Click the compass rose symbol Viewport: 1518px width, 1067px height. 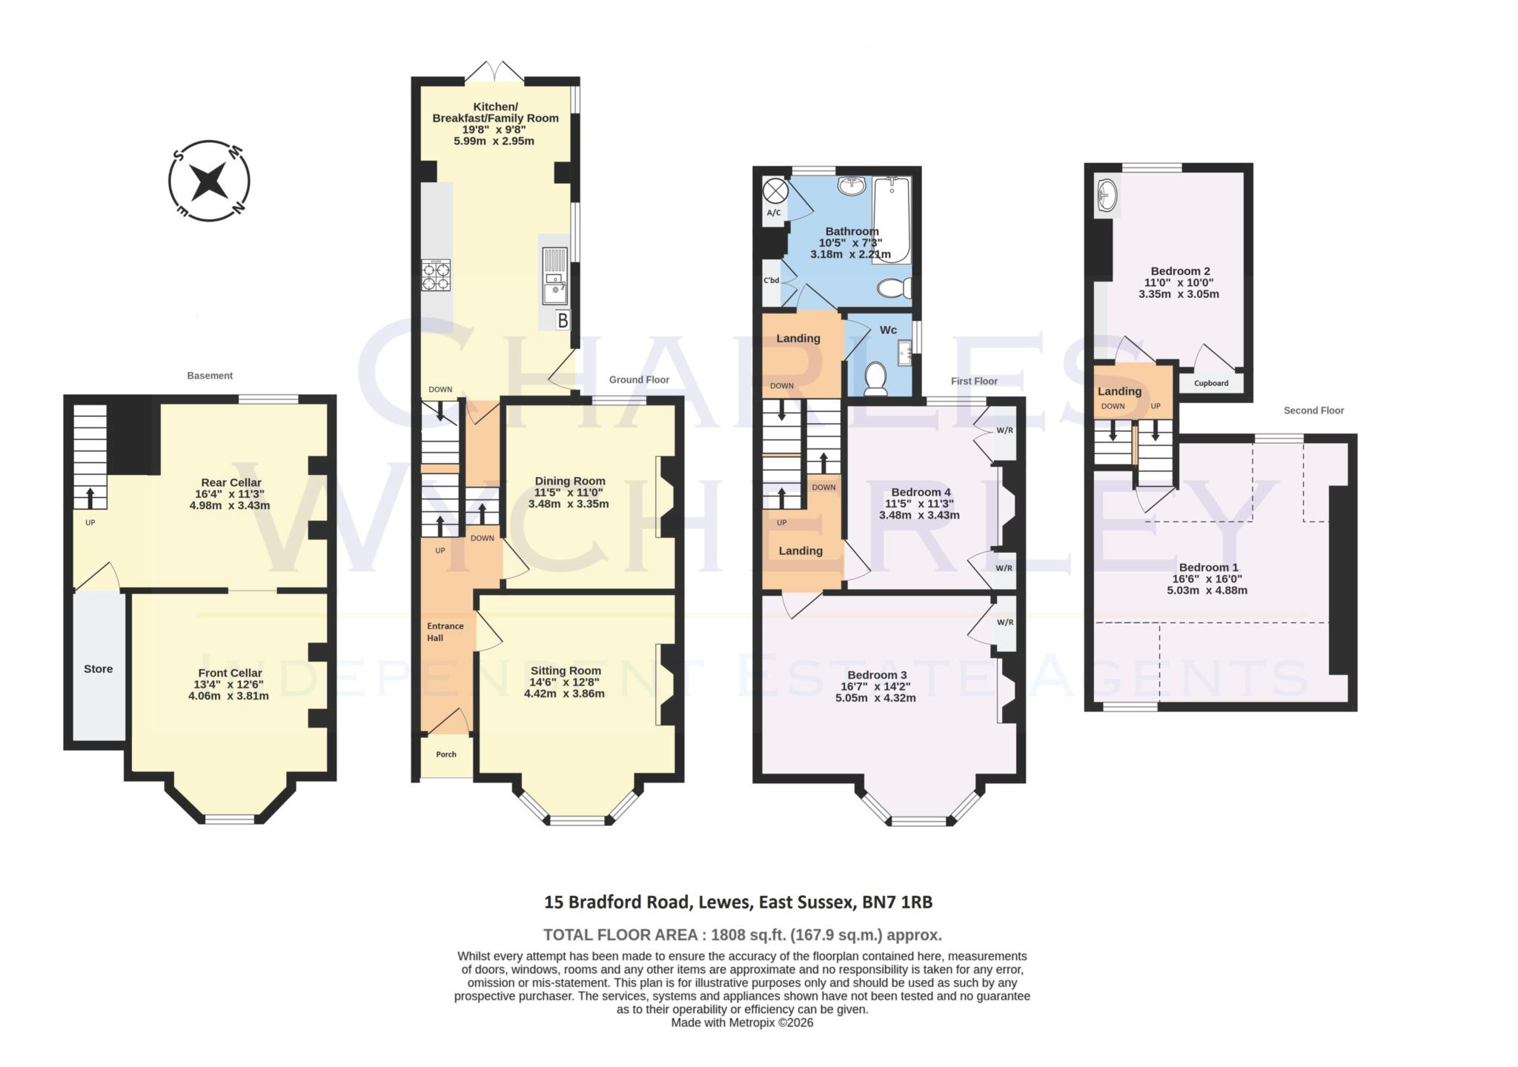point(208,181)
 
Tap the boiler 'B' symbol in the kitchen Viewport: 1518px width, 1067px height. point(563,321)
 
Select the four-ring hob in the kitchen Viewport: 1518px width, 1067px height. point(436,276)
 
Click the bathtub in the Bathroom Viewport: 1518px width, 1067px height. point(892,219)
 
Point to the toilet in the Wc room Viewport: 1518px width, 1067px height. point(876,377)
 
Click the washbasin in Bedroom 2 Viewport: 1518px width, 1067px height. point(1107,196)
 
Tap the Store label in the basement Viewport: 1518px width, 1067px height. point(98,669)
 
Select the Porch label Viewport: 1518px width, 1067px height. point(446,754)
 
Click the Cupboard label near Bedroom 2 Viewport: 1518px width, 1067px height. point(1211,383)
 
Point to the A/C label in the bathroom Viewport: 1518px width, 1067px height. point(773,213)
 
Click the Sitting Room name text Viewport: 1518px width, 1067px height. point(565,671)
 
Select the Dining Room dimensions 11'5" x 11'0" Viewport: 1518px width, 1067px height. point(569,492)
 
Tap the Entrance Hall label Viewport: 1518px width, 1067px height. point(445,631)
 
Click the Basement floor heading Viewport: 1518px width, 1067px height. point(210,376)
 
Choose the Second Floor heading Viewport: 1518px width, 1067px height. point(1313,410)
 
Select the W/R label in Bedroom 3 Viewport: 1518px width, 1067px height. point(1004,622)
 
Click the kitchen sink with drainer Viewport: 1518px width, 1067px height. point(555,278)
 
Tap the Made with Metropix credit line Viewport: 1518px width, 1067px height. point(742,1023)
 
